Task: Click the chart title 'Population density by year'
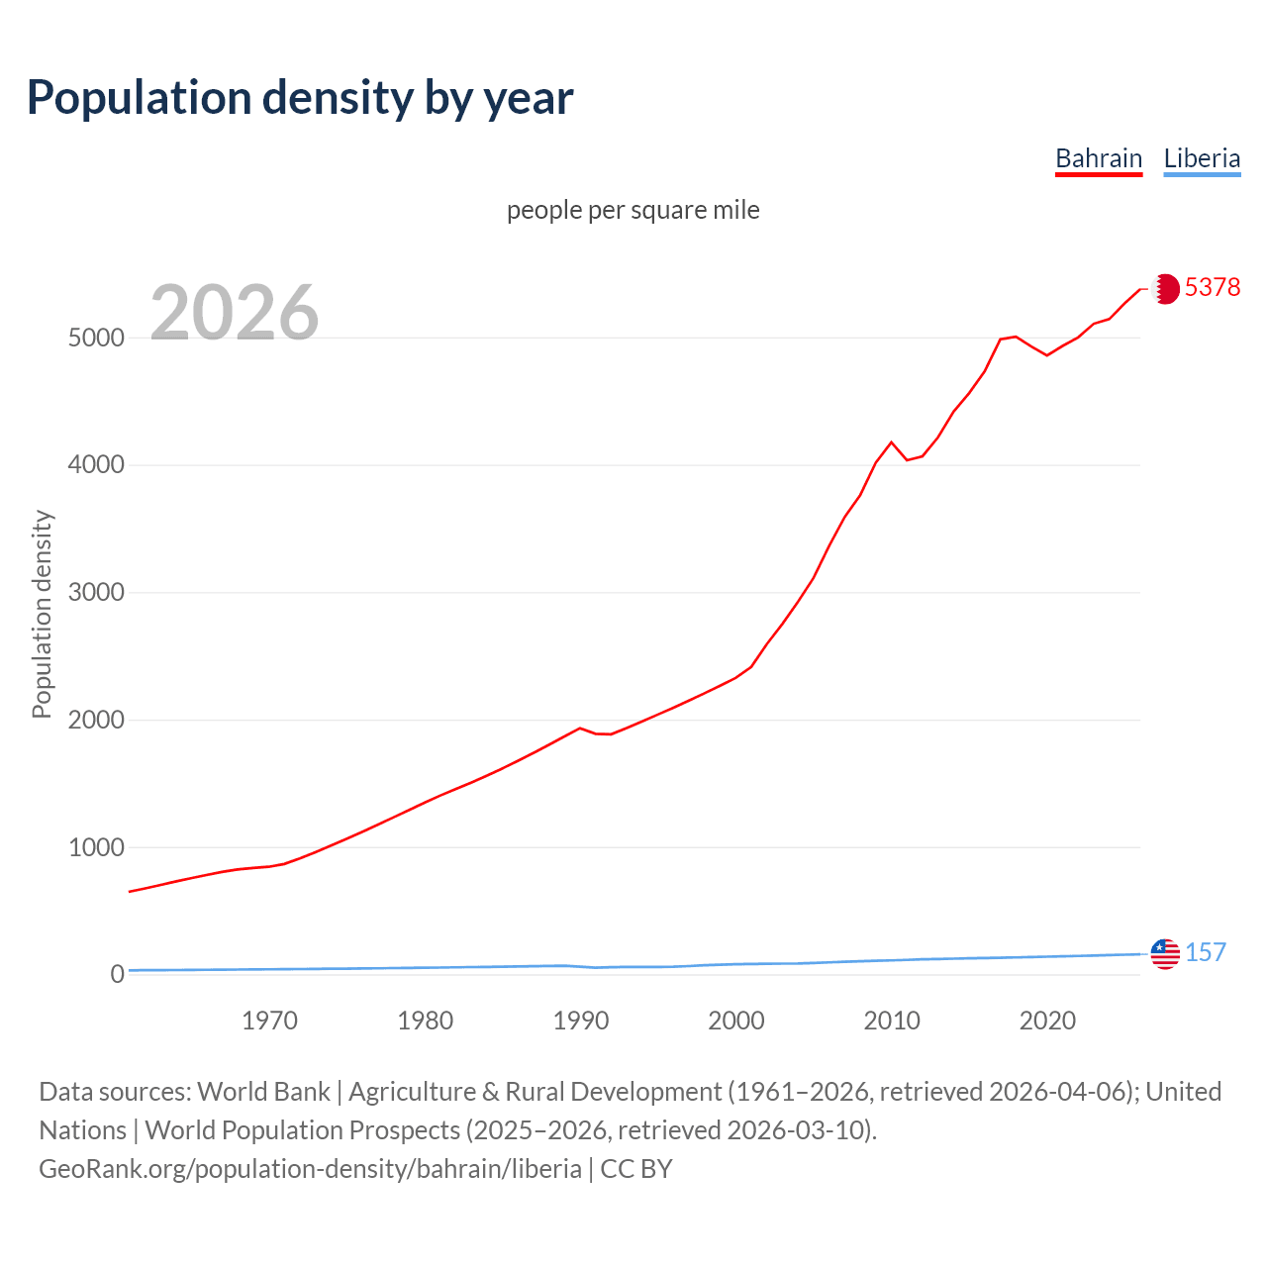[300, 98]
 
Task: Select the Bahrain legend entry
[1099, 158]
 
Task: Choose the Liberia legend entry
[1202, 158]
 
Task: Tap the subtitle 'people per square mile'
[633, 210]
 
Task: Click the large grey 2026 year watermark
[235, 313]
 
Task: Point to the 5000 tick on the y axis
[96, 338]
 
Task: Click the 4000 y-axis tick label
[96, 465]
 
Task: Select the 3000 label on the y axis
[96, 593]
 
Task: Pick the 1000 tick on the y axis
[96, 847]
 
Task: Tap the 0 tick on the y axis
[117, 975]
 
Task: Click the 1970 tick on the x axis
[269, 1021]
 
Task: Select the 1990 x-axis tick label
[581, 1021]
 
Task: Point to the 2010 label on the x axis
[892, 1021]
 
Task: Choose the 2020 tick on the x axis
[1047, 1021]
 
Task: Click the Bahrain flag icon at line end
[1165, 288]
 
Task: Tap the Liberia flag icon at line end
[1165, 954]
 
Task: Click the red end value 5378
[1213, 287]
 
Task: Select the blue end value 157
[1206, 952]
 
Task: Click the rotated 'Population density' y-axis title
[42, 614]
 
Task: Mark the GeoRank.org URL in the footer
[310, 1169]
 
